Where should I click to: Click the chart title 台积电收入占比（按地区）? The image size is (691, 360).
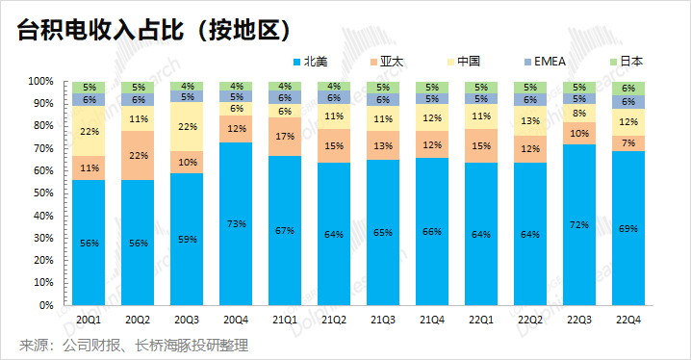(154, 32)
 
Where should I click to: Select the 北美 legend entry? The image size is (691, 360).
(310, 62)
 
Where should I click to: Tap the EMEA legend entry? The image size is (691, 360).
(545, 62)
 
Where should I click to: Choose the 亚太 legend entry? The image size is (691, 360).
(387, 62)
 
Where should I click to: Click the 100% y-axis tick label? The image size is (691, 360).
(41, 82)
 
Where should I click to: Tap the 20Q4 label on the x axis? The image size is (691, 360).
(236, 320)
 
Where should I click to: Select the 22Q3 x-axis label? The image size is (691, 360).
(579, 320)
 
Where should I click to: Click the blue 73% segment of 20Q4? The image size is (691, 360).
(236, 224)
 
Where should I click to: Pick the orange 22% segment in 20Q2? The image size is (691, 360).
(138, 156)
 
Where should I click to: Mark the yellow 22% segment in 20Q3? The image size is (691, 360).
(187, 126)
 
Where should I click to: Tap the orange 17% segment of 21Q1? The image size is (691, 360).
(285, 137)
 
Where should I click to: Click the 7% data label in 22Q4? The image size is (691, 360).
(628, 143)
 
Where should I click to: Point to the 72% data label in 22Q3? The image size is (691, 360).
(579, 224)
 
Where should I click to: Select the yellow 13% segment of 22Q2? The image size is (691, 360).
(530, 120)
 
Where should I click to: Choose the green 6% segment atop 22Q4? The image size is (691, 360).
(628, 89)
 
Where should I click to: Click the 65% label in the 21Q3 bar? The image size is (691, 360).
(383, 233)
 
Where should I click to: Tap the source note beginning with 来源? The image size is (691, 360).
(134, 345)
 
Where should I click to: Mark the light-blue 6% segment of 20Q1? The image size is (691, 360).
(89, 99)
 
